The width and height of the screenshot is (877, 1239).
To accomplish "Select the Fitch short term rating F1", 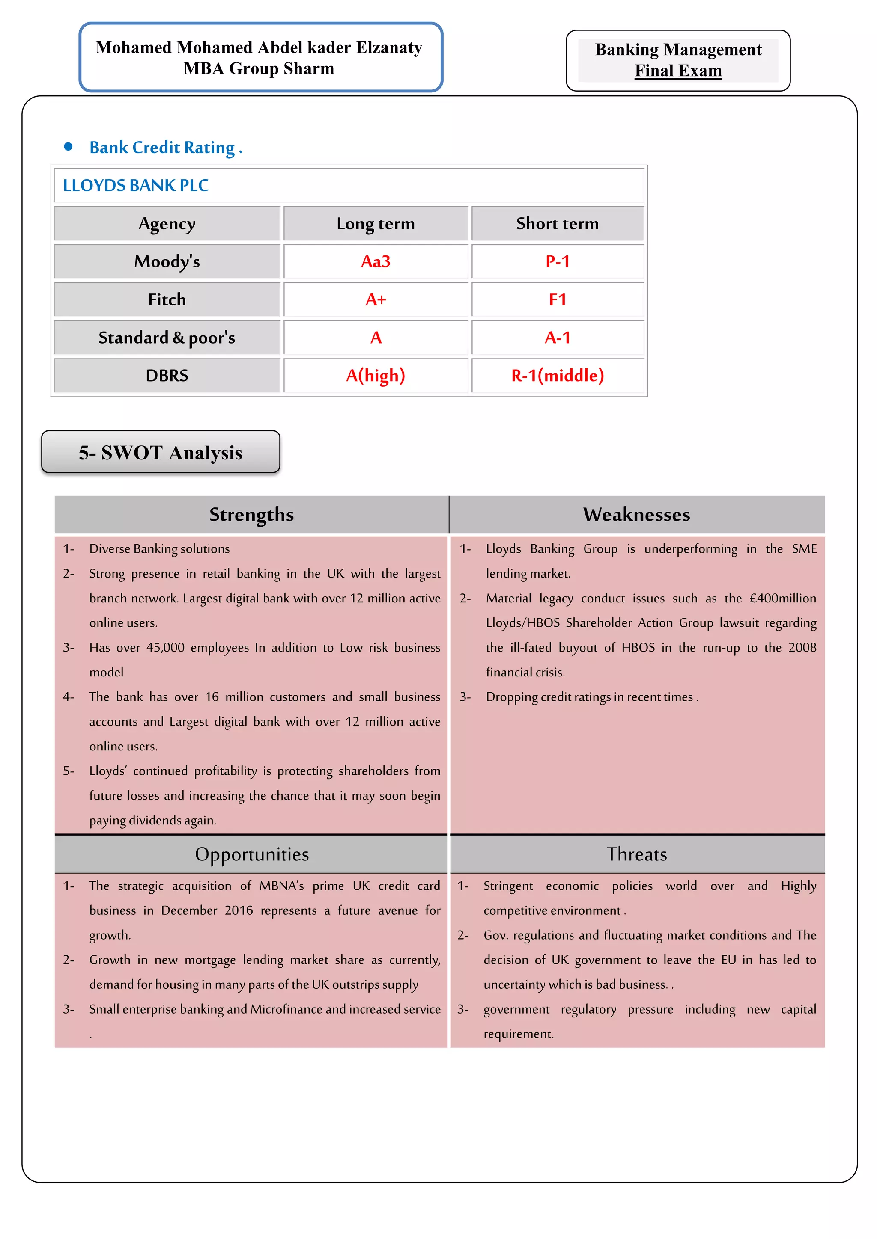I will pyautogui.click(x=557, y=299).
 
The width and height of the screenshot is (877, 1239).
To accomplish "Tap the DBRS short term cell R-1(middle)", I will pyautogui.click(x=557, y=376).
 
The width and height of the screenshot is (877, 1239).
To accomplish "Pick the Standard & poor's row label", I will pyautogui.click(x=167, y=338).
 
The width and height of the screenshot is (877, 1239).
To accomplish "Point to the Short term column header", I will pyautogui.click(x=557, y=223).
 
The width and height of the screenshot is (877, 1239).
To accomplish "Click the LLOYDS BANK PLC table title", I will pyautogui.click(x=136, y=186).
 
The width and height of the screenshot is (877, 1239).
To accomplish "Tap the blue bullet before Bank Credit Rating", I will pyautogui.click(x=68, y=147).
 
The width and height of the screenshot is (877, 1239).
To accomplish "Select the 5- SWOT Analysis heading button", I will pyautogui.click(x=161, y=452).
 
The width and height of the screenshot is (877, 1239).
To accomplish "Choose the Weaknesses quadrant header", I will pyautogui.click(x=636, y=515).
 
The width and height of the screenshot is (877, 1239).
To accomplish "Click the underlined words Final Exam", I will pyautogui.click(x=678, y=71).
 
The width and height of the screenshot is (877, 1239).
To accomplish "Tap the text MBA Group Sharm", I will pyautogui.click(x=259, y=68).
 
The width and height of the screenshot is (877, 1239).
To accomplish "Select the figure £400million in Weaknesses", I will pyautogui.click(x=782, y=599).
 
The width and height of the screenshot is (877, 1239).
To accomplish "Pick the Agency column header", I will pyautogui.click(x=167, y=223).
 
